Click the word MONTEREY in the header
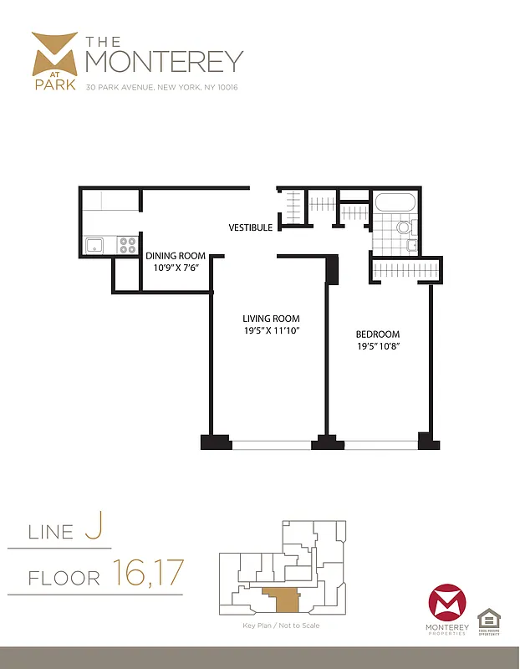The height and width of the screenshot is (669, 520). coord(164,60)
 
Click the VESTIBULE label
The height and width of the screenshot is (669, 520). coord(251,227)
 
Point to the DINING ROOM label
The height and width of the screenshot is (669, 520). coord(176,256)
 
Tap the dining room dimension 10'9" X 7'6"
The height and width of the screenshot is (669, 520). coord(176,268)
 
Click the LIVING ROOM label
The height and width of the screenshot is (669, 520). coord(271,319)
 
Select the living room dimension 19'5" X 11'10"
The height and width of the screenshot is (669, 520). coord(271,331)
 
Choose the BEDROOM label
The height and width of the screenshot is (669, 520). coord(378,334)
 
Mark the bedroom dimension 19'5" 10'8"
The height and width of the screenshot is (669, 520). coord(378,346)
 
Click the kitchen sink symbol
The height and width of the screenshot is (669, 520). coord(95,245)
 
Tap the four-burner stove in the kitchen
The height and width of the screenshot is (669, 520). coord(128,245)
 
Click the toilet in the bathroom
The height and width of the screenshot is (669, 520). coord(405,227)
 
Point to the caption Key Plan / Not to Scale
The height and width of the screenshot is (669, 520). coord(282,626)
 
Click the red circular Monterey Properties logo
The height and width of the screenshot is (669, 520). coord(446,604)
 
